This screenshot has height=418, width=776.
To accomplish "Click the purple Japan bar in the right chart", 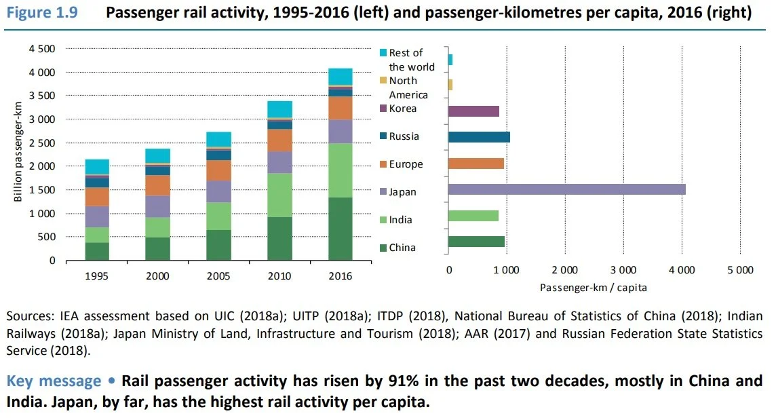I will point(566,189).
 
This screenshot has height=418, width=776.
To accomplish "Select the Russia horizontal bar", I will point(479,137).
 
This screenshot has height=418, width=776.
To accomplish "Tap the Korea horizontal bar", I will point(473,111).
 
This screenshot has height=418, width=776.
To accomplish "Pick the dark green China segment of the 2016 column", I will point(341,229).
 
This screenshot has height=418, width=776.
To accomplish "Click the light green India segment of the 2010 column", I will point(279,195).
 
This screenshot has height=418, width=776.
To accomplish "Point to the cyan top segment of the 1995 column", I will point(97,167).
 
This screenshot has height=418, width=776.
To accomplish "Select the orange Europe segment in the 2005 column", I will point(218,170).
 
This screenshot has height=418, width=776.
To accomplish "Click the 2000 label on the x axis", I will point(158,277).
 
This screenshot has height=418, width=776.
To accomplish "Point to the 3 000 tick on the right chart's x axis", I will point(623,270).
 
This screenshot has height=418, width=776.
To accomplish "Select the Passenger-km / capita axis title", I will point(594,287).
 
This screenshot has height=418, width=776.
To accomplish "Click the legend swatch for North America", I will point(383,81).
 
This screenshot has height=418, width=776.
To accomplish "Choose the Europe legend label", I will point(406,164).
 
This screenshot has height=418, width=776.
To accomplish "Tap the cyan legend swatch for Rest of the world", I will point(383,53).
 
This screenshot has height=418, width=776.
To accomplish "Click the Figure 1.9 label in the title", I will point(39,14).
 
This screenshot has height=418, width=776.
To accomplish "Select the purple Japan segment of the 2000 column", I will point(158,206).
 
